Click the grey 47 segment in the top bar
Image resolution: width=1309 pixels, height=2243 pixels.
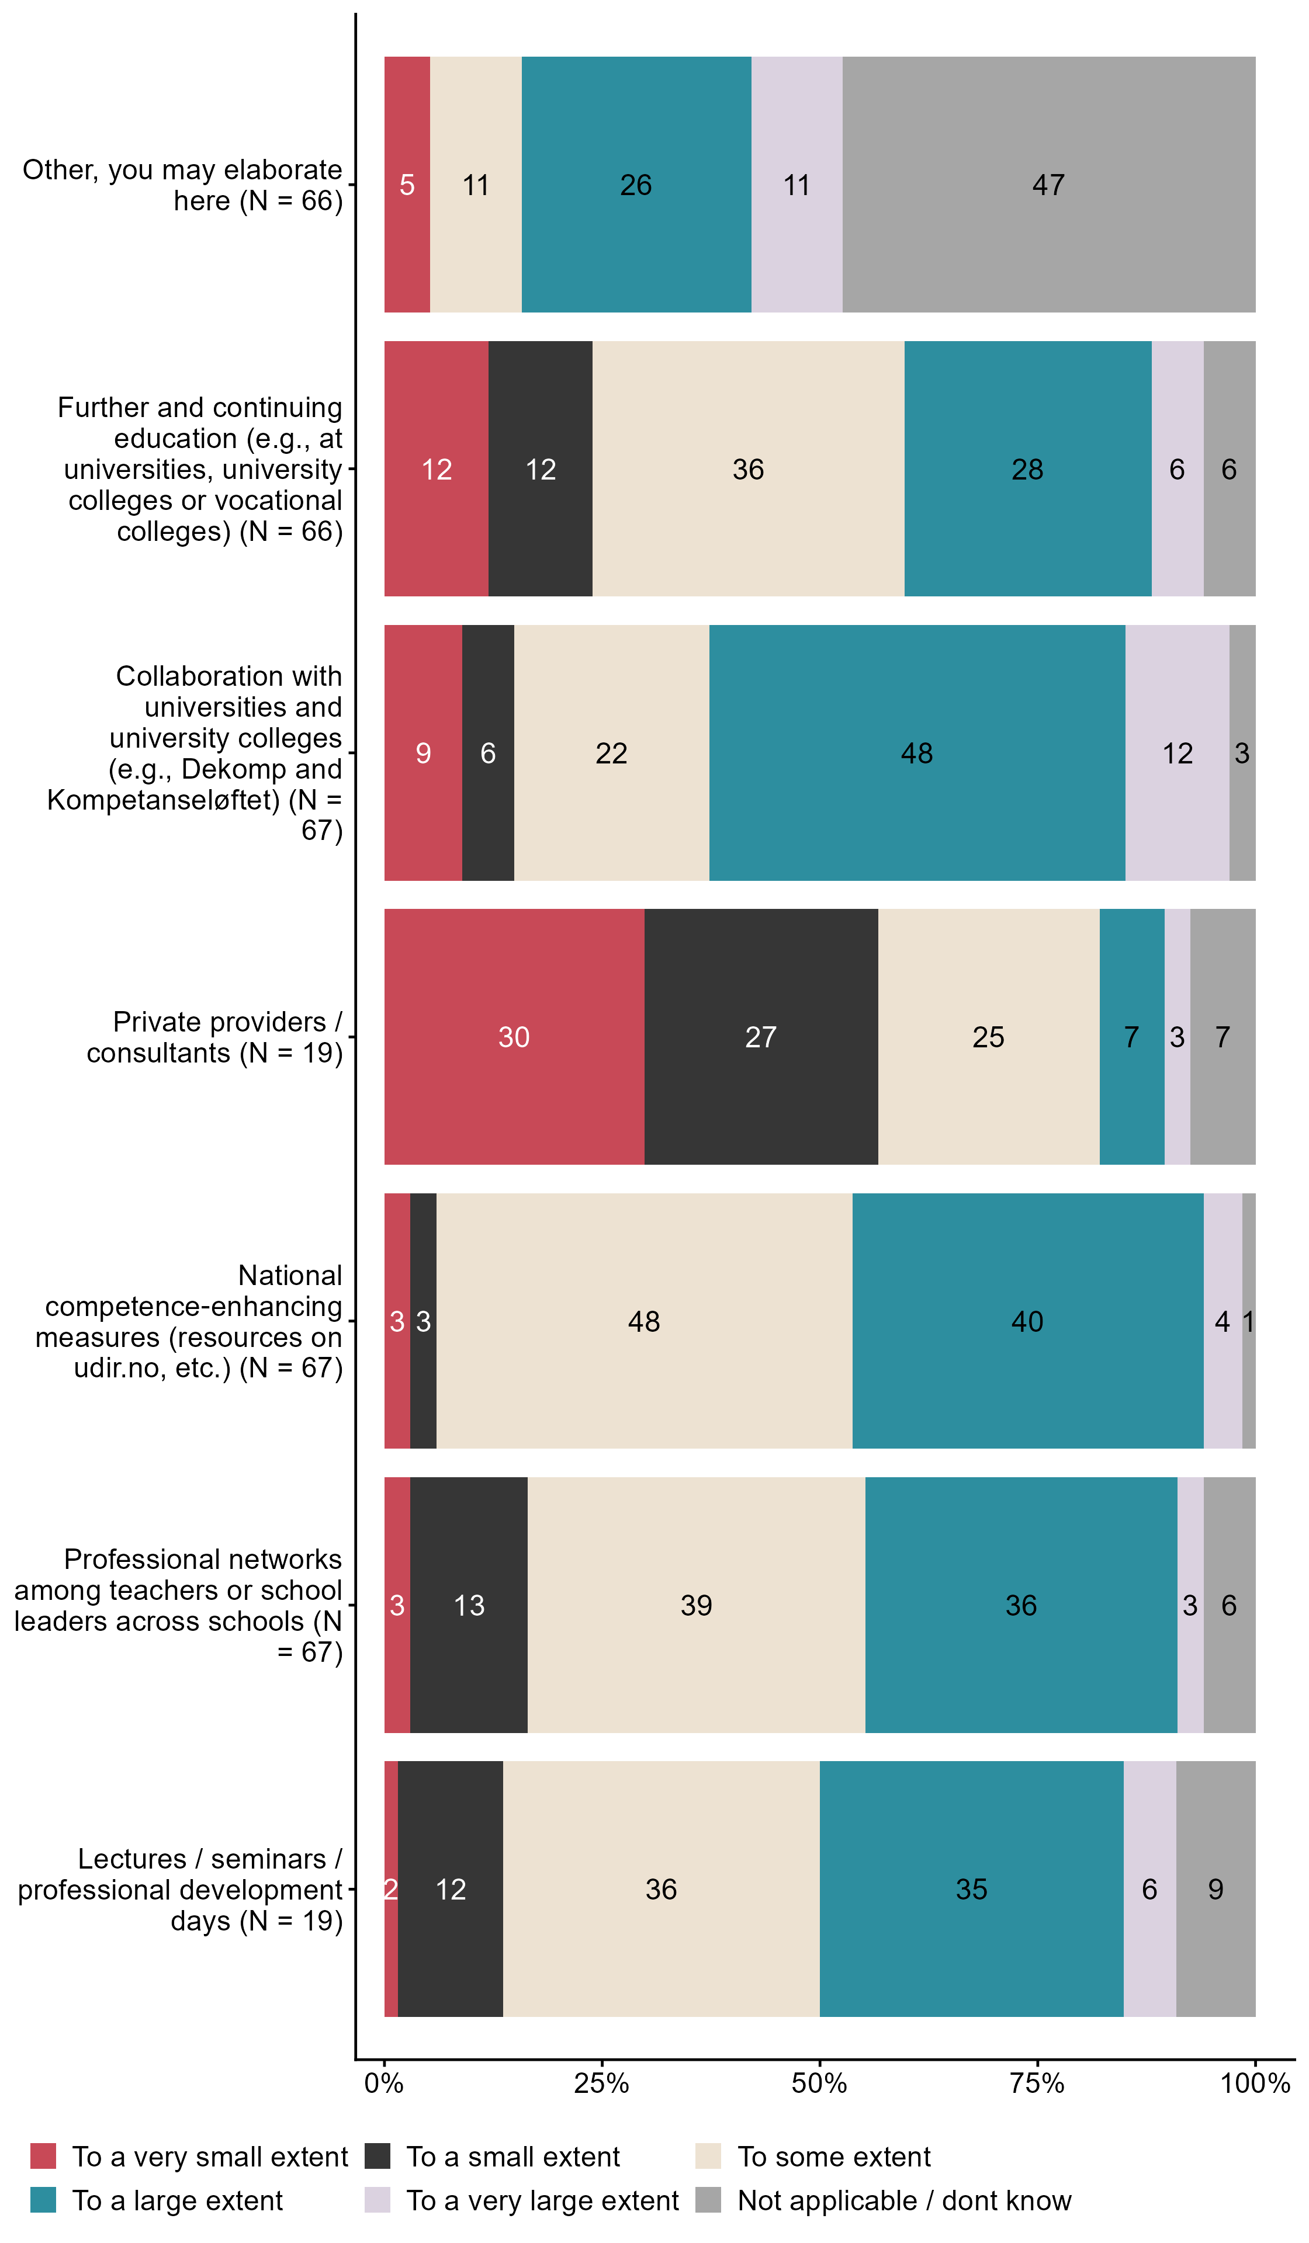click(x=1048, y=184)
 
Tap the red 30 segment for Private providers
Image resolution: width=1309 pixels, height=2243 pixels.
click(x=514, y=1037)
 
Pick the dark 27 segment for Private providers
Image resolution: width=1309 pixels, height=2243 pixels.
click(x=760, y=1037)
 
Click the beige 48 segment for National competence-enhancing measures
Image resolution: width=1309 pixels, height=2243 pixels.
click(x=644, y=1321)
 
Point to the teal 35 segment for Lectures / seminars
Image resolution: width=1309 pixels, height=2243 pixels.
click(x=971, y=1889)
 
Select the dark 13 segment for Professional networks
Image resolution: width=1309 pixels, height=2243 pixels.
click(x=469, y=1605)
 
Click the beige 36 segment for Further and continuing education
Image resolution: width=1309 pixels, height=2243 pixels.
click(x=748, y=469)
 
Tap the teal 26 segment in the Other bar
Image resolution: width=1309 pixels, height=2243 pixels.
click(x=636, y=184)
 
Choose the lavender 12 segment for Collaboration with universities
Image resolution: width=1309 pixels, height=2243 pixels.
click(x=1176, y=753)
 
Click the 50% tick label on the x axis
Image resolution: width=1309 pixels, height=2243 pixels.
click(x=819, y=2083)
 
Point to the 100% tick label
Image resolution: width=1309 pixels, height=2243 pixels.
click(x=1255, y=2083)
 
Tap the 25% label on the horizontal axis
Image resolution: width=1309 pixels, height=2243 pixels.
click(x=602, y=2083)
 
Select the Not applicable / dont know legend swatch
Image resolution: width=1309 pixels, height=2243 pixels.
click(x=708, y=2200)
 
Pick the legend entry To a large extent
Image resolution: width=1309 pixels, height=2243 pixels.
click(x=177, y=2200)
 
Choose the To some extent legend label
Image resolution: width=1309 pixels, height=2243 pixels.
click(x=833, y=2157)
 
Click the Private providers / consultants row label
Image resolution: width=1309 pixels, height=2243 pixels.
click(x=214, y=1037)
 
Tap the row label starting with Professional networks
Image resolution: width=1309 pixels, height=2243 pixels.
click(x=178, y=1605)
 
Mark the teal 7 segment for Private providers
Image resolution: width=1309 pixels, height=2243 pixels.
click(x=1131, y=1037)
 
